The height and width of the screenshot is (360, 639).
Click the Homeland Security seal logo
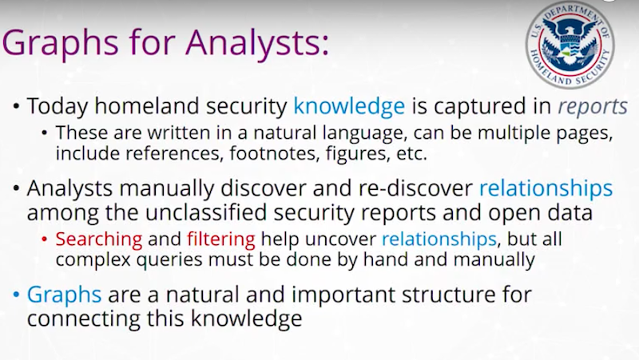pyautogui.click(x=570, y=45)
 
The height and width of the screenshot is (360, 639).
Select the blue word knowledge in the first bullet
pyautogui.click(x=349, y=106)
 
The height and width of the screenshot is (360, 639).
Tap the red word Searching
pyautogui.click(x=99, y=239)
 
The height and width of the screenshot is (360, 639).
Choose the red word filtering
pyautogui.click(x=221, y=239)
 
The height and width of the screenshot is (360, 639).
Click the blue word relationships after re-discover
pyautogui.click(x=546, y=188)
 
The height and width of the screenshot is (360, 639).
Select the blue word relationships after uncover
pyautogui.click(x=439, y=239)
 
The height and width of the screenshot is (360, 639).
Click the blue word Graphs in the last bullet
pyautogui.click(x=65, y=295)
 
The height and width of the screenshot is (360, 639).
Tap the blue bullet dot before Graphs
pyautogui.click(x=16, y=295)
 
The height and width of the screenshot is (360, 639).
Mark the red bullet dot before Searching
pyautogui.click(x=45, y=239)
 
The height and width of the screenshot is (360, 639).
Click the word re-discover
pyautogui.click(x=415, y=188)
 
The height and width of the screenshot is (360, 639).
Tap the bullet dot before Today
pyautogui.click(x=16, y=107)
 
